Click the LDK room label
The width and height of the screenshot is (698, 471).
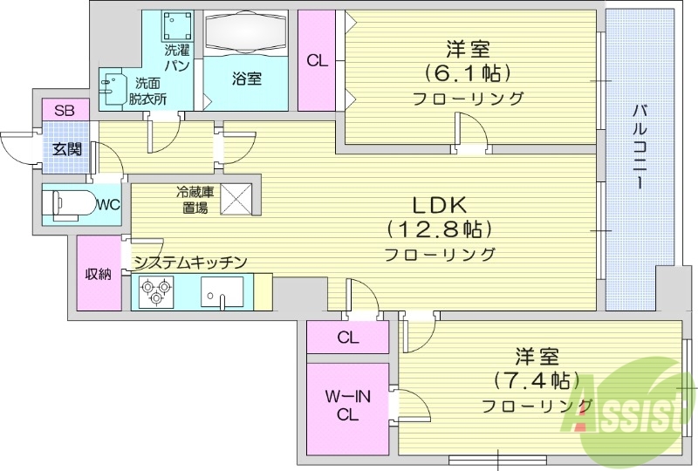pyautogui.click(x=441, y=205)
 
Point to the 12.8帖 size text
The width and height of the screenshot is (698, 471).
pyautogui.click(x=441, y=230)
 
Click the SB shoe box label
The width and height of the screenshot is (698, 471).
pyautogui.click(x=65, y=111)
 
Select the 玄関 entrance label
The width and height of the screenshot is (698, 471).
pyautogui.click(x=65, y=148)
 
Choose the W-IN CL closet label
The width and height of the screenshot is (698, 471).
pyautogui.click(x=348, y=406)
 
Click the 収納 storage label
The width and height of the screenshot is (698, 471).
pyautogui.click(x=97, y=274)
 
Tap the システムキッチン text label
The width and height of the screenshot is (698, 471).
pyautogui.click(x=190, y=262)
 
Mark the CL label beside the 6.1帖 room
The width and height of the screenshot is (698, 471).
pyautogui.click(x=318, y=61)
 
